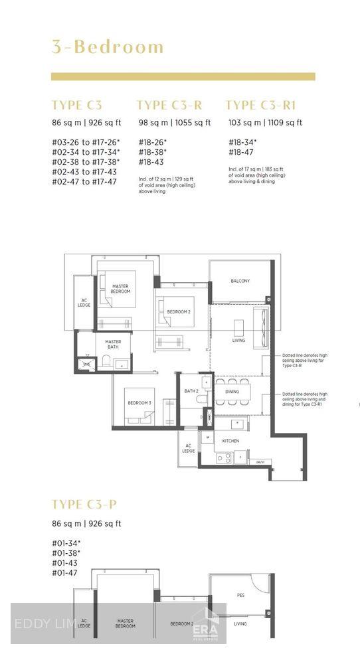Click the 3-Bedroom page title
pyautogui.click(x=108, y=47)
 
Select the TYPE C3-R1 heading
pyautogui.click(x=260, y=105)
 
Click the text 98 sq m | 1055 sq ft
pyautogui.click(x=174, y=123)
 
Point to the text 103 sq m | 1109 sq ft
pyautogui.click(x=264, y=123)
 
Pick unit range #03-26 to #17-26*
pyautogui.click(x=86, y=142)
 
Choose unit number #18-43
pyautogui.click(x=151, y=162)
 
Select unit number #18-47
pyautogui.click(x=240, y=152)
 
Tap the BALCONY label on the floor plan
pyautogui.click(x=240, y=281)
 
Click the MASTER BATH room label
pyautogui.click(x=114, y=345)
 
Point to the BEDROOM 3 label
pyautogui.click(x=139, y=403)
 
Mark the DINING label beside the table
pyautogui.click(x=232, y=392)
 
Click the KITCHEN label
pyautogui.click(x=231, y=441)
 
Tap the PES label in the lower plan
pyautogui.click(x=240, y=596)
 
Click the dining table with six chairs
pyautogui.click(x=232, y=392)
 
